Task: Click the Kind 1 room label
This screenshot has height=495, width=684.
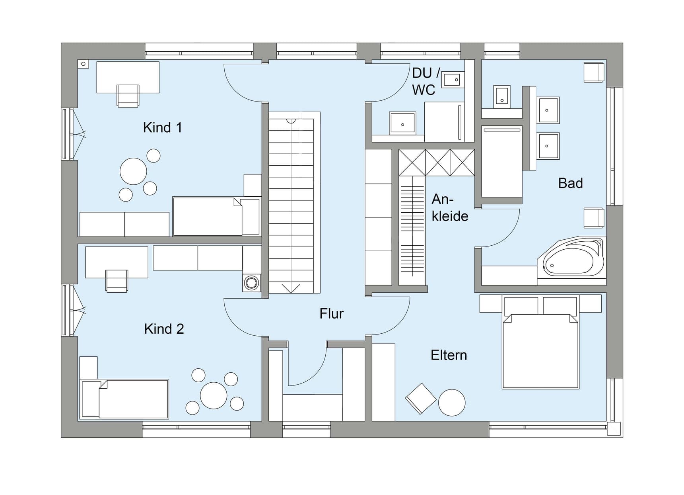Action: click(x=162, y=127)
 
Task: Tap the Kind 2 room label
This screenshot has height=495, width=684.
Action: click(x=164, y=329)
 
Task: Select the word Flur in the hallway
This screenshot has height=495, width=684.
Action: click(x=331, y=313)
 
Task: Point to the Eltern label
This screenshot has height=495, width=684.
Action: click(x=449, y=355)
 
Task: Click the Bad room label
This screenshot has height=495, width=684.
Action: click(x=570, y=183)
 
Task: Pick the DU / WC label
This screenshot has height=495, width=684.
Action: click(x=426, y=81)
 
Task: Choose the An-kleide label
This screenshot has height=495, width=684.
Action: click(x=450, y=207)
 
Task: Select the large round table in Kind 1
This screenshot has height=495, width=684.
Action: click(x=133, y=171)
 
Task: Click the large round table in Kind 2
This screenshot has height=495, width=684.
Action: click(x=214, y=395)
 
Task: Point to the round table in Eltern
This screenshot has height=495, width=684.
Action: click(x=452, y=403)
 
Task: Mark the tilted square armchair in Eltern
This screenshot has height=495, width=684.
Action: click(x=421, y=398)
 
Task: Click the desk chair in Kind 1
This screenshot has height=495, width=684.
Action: click(x=128, y=96)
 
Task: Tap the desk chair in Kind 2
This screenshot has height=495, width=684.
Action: click(x=117, y=280)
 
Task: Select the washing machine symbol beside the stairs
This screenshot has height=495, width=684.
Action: click(x=251, y=283)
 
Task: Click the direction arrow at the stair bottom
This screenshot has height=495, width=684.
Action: click(x=291, y=288)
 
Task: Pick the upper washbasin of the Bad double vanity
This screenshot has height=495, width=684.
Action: click(x=548, y=110)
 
